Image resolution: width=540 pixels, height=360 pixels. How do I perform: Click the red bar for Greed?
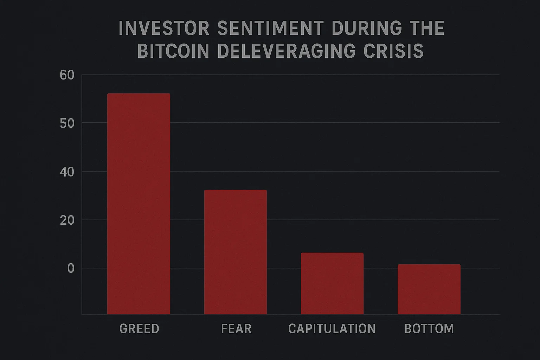tap(139, 204)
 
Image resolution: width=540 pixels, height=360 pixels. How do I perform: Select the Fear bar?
tap(235, 252)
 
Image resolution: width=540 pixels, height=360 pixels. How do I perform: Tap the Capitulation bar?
tap(332, 283)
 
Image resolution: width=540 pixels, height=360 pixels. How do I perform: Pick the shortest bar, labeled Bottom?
tap(429, 289)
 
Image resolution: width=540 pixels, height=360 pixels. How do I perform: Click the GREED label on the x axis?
tap(140, 329)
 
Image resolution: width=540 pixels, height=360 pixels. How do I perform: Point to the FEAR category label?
tap(236, 329)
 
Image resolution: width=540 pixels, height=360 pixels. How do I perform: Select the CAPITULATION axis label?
tap(332, 329)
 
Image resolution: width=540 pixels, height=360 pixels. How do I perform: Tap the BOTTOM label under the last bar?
tap(429, 329)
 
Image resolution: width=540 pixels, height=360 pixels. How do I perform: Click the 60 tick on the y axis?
tap(67, 75)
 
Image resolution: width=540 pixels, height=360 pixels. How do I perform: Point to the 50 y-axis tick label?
tap(67, 123)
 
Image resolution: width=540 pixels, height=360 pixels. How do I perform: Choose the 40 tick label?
tap(67, 172)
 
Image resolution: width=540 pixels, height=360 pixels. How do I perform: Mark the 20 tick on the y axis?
tap(67, 220)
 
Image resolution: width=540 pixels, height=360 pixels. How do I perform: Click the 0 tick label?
tap(71, 269)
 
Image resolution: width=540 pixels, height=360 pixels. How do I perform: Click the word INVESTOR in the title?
tap(164, 28)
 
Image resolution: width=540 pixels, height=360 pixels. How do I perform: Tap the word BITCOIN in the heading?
tap(173, 51)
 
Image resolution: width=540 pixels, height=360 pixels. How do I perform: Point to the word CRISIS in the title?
tap(393, 51)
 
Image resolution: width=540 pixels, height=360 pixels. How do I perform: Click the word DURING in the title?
tap(366, 28)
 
